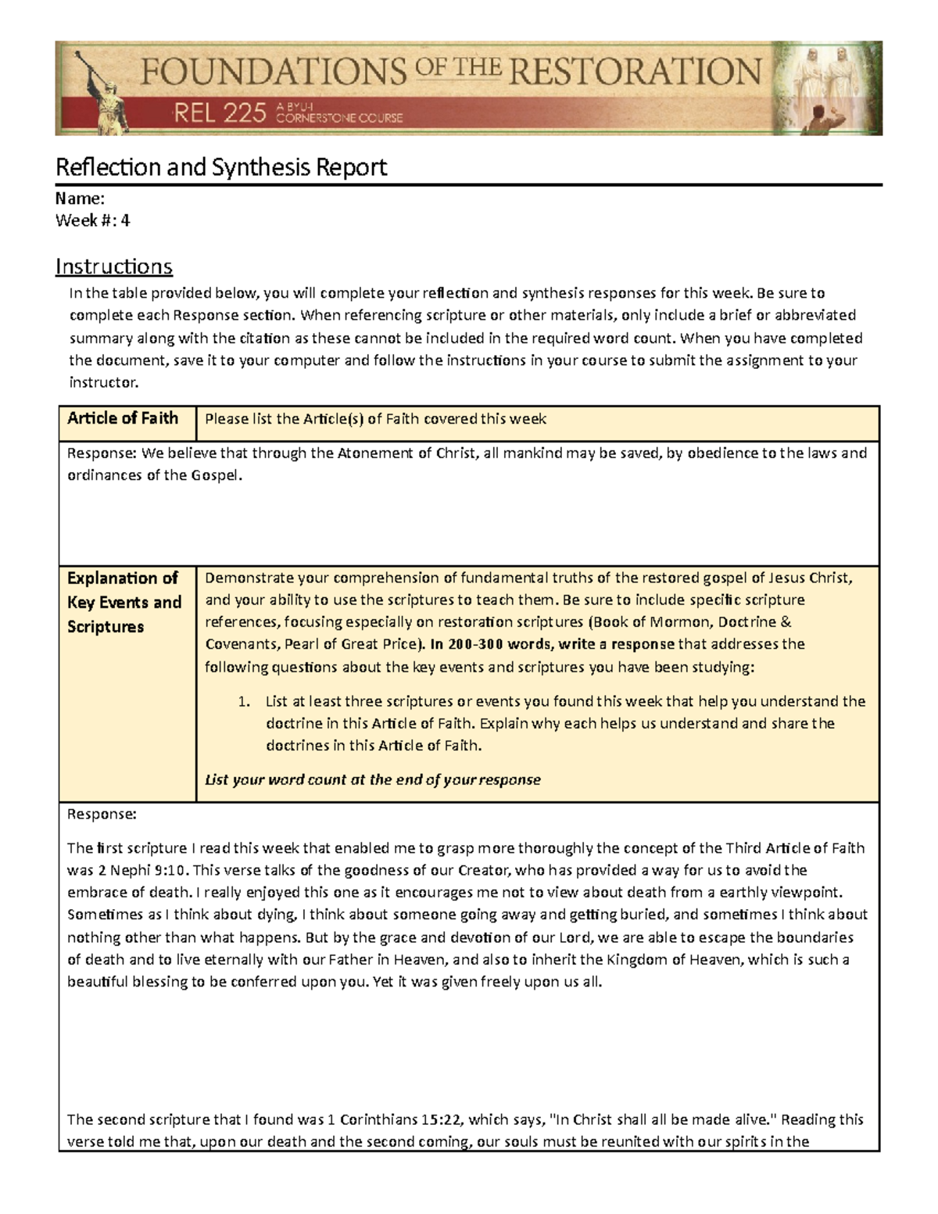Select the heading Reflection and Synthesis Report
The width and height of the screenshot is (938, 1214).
click(221, 167)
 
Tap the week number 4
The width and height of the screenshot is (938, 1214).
click(125, 220)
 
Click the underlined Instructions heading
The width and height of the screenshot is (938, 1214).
click(114, 267)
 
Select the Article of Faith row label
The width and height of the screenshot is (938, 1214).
click(123, 418)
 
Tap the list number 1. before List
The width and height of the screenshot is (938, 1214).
click(244, 701)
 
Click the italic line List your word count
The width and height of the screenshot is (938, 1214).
click(372, 779)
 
